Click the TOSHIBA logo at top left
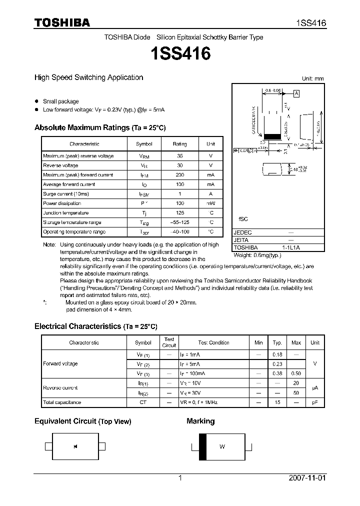pyautogui.click(x=62, y=23)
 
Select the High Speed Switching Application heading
pyautogui.click(x=88, y=77)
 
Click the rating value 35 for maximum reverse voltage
pyautogui.click(x=179, y=156)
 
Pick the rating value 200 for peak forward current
pyautogui.click(x=179, y=175)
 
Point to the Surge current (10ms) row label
pyautogui.click(x=65, y=194)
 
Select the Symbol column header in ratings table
pyautogui.click(x=144, y=144)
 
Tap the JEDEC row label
pyautogui.click(x=243, y=233)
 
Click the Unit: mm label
pyautogui.click(x=312, y=79)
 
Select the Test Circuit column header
pyautogui.click(x=169, y=342)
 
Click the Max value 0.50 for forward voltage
pyautogui.click(x=296, y=373)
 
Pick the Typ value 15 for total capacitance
pyautogui.click(x=277, y=402)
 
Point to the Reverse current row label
pyautogui.click(x=60, y=388)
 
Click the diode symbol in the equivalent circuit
pyautogui.click(x=75, y=446)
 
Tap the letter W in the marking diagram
pyautogui.click(x=222, y=446)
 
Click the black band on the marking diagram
pyautogui.click(x=202, y=446)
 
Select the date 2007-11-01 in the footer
pyautogui.click(x=307, y=478)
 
